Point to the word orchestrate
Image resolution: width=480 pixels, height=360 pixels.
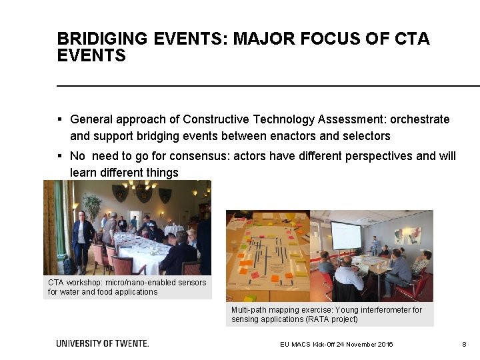419,120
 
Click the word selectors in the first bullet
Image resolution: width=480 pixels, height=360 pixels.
366,137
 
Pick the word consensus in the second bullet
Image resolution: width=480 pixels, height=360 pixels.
175,156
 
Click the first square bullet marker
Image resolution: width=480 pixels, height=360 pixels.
59,120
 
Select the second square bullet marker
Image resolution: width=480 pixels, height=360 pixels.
59,156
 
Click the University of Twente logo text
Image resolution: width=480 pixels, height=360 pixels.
102,343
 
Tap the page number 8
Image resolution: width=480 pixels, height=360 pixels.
463,344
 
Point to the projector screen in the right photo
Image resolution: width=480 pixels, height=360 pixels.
346,235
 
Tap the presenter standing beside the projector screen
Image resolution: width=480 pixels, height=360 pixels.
374,245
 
